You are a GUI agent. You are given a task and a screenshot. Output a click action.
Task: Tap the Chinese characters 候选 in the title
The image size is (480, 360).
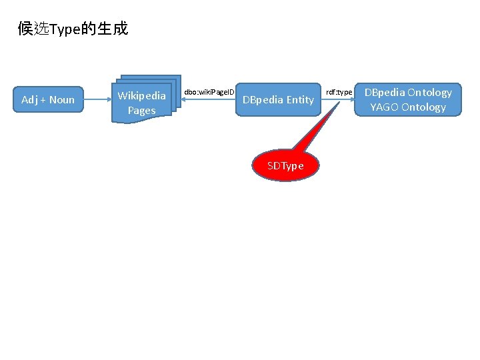[x=34, y=29]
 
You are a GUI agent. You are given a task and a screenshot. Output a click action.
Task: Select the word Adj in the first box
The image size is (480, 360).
[x=29, y=100]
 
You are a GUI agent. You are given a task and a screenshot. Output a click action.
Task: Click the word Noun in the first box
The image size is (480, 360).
[x=62, y=100]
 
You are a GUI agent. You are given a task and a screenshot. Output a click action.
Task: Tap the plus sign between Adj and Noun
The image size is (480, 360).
[x=43, y=100]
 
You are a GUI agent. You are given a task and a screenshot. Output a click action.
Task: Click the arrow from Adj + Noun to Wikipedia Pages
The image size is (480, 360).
[x=96, y=100]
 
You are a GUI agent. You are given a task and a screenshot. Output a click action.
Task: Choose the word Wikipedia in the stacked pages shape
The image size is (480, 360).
[x=141, y=96]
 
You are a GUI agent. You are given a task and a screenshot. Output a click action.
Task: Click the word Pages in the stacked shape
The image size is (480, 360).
[x=141, y=111]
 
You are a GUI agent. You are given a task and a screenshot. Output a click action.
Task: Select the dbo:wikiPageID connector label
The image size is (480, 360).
[x=209, y=91]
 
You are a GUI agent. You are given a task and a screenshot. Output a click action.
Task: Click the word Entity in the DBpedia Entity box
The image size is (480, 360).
[x=300, y=100]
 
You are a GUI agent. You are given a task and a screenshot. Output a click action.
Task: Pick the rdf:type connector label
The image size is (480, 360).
[x=339, y=91]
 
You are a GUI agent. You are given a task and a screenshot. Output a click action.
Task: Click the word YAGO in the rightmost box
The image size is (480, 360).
[x=384, y=107]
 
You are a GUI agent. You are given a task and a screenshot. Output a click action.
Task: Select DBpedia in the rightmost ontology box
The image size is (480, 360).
[x=384, y=93]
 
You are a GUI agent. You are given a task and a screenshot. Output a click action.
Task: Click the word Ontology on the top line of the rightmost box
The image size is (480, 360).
[x=429, y=93]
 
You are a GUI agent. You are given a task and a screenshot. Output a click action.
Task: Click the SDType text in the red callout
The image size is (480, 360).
[x=285, y=165]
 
